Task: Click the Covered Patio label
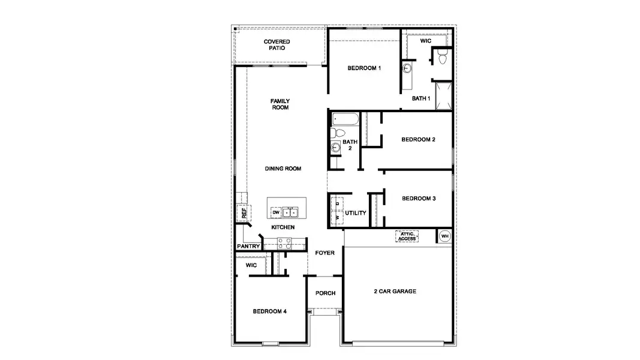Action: coord(277,45)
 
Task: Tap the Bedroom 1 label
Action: coord(364,68)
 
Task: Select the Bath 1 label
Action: coord(421,98)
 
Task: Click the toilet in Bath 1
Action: coord(443,58)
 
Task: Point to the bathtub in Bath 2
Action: coord(345,118)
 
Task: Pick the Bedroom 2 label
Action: coord(418,140)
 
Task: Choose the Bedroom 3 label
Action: coord(419,199)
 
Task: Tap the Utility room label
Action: coord(356,213)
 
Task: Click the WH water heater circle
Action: coord(444,236)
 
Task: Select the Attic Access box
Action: coord(407,236)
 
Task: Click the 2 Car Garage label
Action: coord(395,292)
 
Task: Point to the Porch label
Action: coord(325,293)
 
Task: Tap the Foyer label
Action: coord(325,253)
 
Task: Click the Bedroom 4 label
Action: coord(269,311)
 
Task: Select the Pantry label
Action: coord(248,246)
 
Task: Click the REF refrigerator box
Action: coord(244,212)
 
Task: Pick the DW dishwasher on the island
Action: coord(276,212)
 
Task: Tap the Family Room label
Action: coord(280,104)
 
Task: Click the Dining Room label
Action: coord(283,169)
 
